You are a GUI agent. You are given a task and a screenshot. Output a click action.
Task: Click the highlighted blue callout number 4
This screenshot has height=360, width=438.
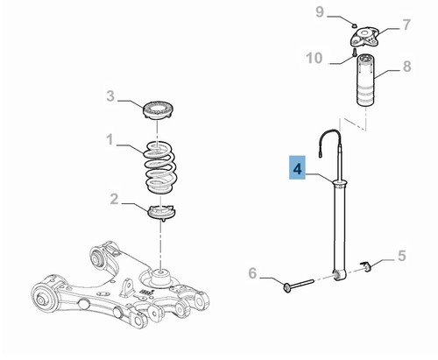point(297,168)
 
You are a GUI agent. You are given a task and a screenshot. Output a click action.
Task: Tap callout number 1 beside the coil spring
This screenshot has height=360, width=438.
point(109,139)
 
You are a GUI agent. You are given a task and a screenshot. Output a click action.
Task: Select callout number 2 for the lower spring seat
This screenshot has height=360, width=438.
point(114,199)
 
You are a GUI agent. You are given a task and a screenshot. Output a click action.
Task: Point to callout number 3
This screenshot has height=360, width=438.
point(110,95)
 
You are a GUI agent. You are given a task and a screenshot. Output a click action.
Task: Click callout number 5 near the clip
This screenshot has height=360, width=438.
point(402,256)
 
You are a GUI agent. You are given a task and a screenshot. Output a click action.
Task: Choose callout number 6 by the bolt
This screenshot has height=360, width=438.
point(252,273)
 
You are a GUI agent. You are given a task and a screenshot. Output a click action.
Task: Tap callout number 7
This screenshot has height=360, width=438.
point(406,25)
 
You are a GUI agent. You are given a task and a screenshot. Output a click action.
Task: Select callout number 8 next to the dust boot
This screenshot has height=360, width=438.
point(406,67)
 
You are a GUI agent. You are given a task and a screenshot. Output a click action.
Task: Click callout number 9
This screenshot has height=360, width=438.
point(320,12)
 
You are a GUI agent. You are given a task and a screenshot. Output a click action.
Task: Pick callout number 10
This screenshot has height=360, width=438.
point(314,58)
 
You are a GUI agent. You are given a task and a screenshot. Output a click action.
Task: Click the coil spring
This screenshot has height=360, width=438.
point(160,167)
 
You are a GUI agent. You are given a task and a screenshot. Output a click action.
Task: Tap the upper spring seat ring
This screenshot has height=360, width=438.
point(159,109)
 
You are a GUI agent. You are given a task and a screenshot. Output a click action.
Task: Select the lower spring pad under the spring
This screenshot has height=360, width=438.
point(163,212)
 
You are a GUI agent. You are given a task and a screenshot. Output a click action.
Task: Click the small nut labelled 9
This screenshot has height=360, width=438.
point(354,26)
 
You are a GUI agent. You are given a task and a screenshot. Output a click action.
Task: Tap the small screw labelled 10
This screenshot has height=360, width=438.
point(355,53)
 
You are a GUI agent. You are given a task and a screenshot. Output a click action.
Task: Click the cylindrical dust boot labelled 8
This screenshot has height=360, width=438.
point(365,80)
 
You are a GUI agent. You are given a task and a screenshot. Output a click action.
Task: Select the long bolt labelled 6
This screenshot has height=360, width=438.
point(299,285)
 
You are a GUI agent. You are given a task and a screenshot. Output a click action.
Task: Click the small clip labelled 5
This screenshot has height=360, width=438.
point(365,265)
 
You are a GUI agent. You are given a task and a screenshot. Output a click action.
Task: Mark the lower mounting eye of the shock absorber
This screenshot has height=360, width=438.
point(339,274)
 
